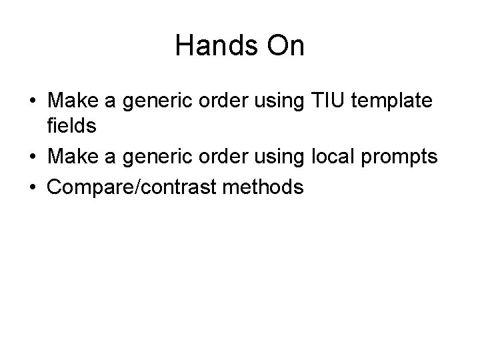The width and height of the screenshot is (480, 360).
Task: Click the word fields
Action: pyautogui.click(x=71, y=125)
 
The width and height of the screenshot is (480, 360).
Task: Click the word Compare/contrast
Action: pyautogui.click(x=135, y=187)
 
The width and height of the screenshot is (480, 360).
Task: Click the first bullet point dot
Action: pyautogui.click(x=32, y=102)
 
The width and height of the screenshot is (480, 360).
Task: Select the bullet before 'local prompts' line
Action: pyautogui.click(x=32, y=158)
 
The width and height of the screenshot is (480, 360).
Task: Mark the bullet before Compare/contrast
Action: pyautogui.click(x=32, y=187)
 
